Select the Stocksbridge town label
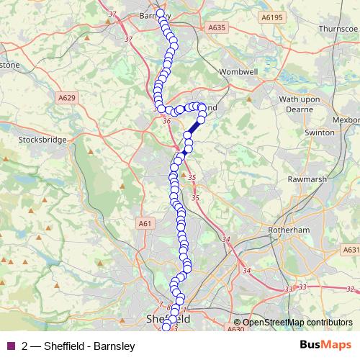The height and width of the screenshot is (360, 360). pyautogui.click(x=42, y=139)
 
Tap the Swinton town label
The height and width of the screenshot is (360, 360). pyautogui.click(x=319, y=132)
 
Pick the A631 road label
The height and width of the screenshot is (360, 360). pyautogui.click(x=351, y=250)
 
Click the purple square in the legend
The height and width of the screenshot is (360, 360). pyautogui.click(x=9, y=346)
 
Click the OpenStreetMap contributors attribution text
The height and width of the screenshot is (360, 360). pyautogui.click(x=297, y=323)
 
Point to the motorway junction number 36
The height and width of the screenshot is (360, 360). pyautogui.click(x=167, y=120)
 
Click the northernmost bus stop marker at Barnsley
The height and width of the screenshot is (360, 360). pyautogui.click(x=160, y=13)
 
